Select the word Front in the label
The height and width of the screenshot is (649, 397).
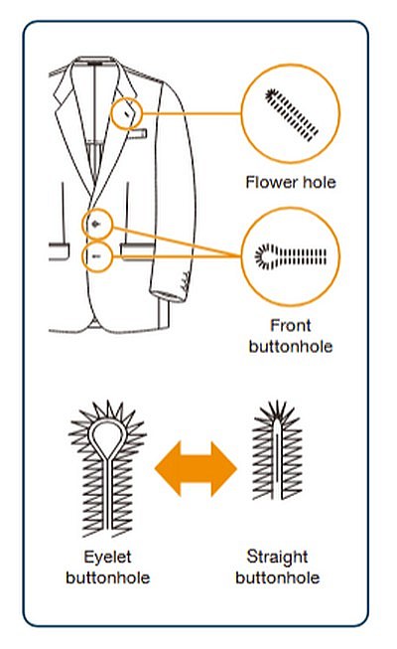(x=290, y=325)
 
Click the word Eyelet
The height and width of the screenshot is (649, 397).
(x=107, y=558)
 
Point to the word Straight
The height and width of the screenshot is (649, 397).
(x=277, y=558)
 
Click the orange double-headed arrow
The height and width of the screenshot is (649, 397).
(x=196, y=468)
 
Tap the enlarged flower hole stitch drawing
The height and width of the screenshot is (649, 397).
(x=292, y=115)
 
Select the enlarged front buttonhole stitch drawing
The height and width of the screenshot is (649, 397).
(x=290, y=256)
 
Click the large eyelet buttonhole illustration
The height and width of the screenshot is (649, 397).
(x=107, y=468)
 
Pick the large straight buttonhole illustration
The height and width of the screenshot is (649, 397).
(x=277, y=450)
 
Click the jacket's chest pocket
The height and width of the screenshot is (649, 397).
(x=137, y=133)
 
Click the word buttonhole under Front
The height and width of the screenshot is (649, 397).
(x=290, y=347)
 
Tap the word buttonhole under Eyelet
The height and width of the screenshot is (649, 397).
(x=107, y=577)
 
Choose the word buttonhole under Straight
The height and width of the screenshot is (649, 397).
(x=277, y=577)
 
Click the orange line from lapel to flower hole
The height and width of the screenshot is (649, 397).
(x=192, y=113)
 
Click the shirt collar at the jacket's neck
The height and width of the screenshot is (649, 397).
(x=95, y=63)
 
